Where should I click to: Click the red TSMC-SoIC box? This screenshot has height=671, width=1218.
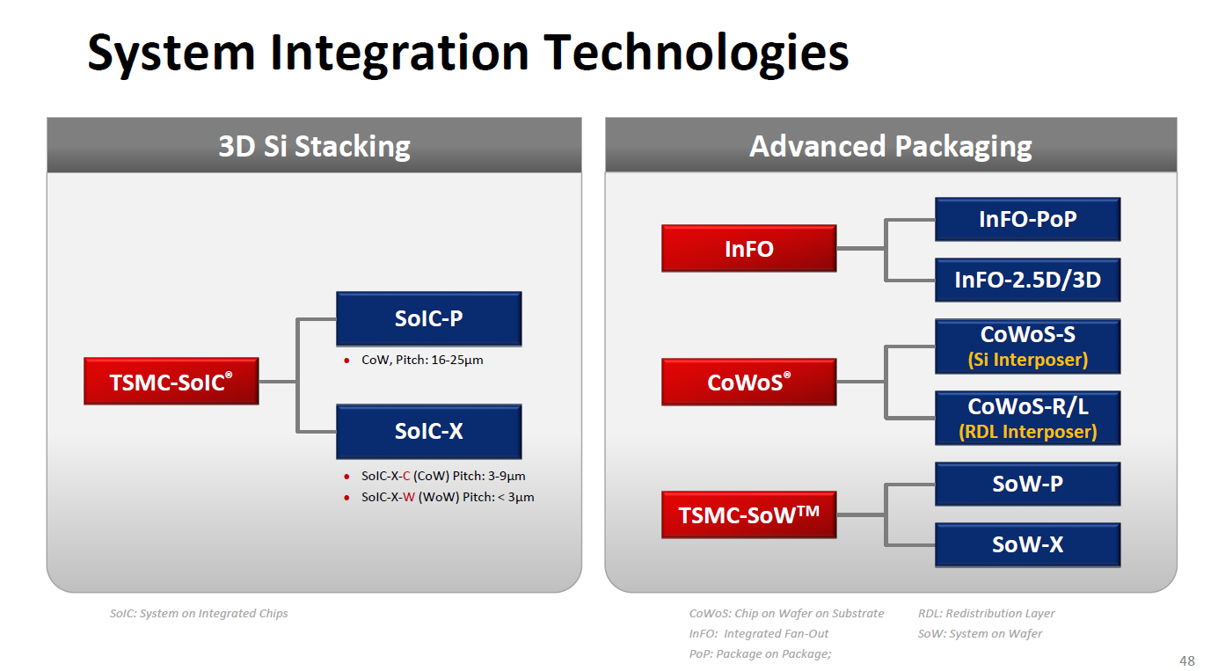171,382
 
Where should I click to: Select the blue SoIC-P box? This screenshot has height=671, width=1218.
428,318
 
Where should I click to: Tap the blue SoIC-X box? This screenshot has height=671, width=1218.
428,431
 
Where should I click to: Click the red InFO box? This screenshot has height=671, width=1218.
748,249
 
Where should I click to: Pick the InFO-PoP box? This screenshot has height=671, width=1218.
1027,219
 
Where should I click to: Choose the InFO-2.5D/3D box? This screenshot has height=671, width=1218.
1027,281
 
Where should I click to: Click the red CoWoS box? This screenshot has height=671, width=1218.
748,383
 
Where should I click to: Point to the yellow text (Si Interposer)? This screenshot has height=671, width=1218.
1027,360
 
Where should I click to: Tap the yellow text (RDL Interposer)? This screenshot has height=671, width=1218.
1027,432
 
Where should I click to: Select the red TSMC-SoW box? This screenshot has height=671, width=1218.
748,514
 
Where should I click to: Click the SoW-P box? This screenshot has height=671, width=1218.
1027,484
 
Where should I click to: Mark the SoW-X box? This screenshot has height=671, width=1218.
1027,545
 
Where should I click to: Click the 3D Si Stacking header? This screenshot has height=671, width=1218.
314,146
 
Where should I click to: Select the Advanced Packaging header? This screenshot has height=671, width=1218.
890,146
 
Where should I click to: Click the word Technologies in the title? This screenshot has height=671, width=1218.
696,52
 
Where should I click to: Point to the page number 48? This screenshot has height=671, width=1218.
1186,660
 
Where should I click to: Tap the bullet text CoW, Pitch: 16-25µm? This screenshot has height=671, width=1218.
422,360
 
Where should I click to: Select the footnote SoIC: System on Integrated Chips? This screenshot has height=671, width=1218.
199,613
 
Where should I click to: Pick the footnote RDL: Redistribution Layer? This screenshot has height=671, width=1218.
986,613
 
